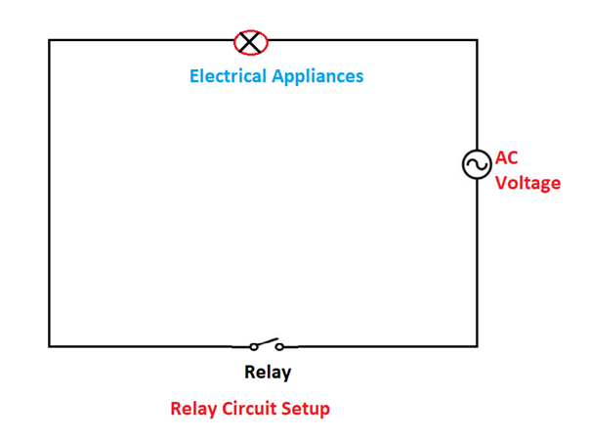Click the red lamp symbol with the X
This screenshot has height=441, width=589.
coord(251,42)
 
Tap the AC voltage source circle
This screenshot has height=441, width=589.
coord(477,164)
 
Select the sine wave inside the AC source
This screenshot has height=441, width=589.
coord(477,164)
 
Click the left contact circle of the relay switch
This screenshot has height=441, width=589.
coord(254,346)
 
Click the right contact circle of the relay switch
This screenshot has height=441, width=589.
coord(278,346)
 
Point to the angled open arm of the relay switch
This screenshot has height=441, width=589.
coord(266,342)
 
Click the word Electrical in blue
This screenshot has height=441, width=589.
coord(227,76)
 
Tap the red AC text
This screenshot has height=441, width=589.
coord(507,157)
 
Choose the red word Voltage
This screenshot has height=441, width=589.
coord(527,183)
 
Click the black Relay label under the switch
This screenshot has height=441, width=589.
coord(268,373)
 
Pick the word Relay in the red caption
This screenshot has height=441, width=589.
coord(192,409)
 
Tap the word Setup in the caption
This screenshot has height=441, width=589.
coord(308,409)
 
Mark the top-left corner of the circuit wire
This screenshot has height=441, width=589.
coord(50,40)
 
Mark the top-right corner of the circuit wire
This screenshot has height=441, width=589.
coord(477,40)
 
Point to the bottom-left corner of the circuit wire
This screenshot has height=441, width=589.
coord(50,345)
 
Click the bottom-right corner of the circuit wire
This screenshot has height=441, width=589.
coord(477,345)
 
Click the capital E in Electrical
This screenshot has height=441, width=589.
coord(194,76)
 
